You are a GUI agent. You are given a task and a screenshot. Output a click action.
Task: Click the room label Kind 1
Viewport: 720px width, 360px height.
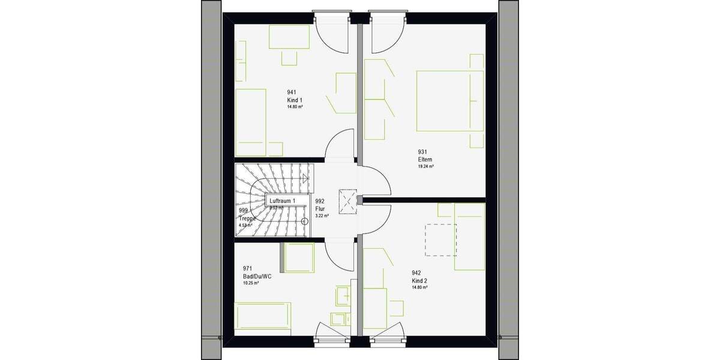[295, 100]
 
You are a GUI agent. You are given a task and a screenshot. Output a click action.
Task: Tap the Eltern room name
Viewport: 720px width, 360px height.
[425, 160]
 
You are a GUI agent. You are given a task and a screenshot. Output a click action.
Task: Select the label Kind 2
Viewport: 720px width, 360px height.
[419, 281]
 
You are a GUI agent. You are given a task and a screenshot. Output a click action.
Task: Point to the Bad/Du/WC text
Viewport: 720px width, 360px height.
[257, 276]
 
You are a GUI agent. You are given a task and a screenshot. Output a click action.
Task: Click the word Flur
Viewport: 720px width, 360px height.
[320, 208]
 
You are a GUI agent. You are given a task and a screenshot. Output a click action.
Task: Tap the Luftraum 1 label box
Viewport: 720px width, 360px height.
[282, 201]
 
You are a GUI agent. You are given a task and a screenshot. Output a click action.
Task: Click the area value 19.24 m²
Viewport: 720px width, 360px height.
[425, 166]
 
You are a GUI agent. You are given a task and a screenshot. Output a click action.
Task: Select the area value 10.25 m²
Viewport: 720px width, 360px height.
[251, 283]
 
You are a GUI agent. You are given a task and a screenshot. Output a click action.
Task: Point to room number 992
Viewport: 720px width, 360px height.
[319, 202]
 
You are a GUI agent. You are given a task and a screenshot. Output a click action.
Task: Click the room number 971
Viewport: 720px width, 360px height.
[247, 269]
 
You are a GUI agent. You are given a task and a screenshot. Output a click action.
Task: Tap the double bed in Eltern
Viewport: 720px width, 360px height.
[449, 101]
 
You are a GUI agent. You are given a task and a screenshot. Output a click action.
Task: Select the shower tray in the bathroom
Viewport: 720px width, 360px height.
[298, 260]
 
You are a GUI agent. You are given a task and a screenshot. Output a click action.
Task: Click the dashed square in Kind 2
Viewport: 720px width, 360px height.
[441, 239]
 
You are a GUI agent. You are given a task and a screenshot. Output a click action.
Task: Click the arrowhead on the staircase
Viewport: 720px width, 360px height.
[306, 178]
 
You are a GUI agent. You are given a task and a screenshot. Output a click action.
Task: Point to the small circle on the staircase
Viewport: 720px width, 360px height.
[304, 221]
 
